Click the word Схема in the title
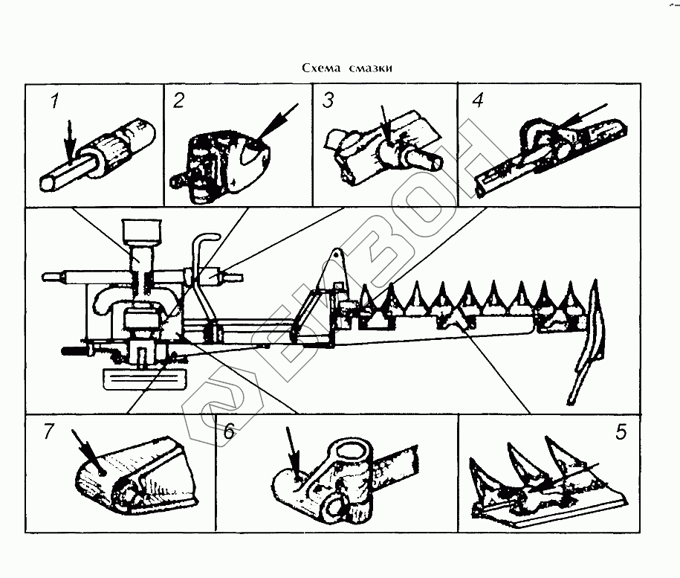[x=320, y=68]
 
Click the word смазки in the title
[x=369, y=68]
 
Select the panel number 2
[x=178, y=100]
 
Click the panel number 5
[x=621, y=432]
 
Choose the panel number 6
[x=229, y=433]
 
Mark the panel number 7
[x=50, y=432]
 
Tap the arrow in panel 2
[x=271, y=123]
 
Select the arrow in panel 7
[x=84, y=446]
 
